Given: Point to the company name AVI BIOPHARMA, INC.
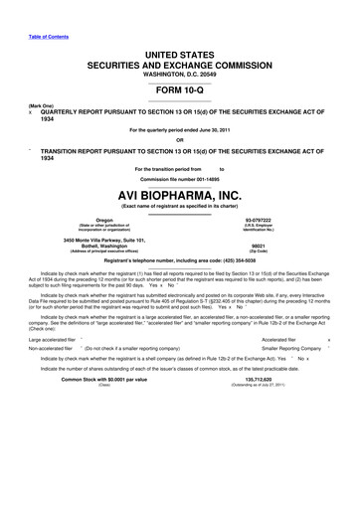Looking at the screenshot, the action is point(180,195).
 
